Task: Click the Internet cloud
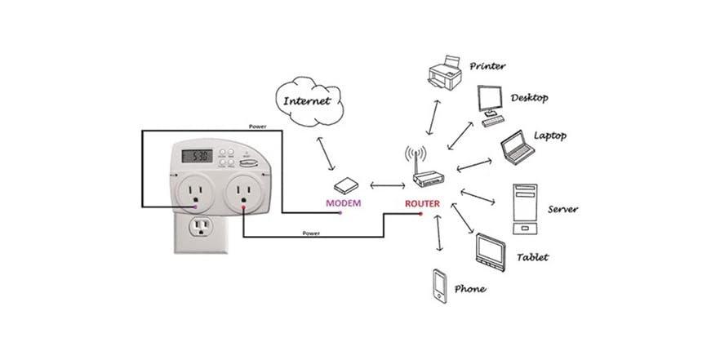point(307,102)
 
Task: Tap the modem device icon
point(344,184)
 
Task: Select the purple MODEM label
point(343,202)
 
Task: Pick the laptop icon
point(518,145)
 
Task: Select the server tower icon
point(522,209)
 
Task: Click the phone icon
point(440,285)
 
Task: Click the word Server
point(563,209)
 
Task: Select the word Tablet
point(533,257)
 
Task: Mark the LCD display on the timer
point(198,155)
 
